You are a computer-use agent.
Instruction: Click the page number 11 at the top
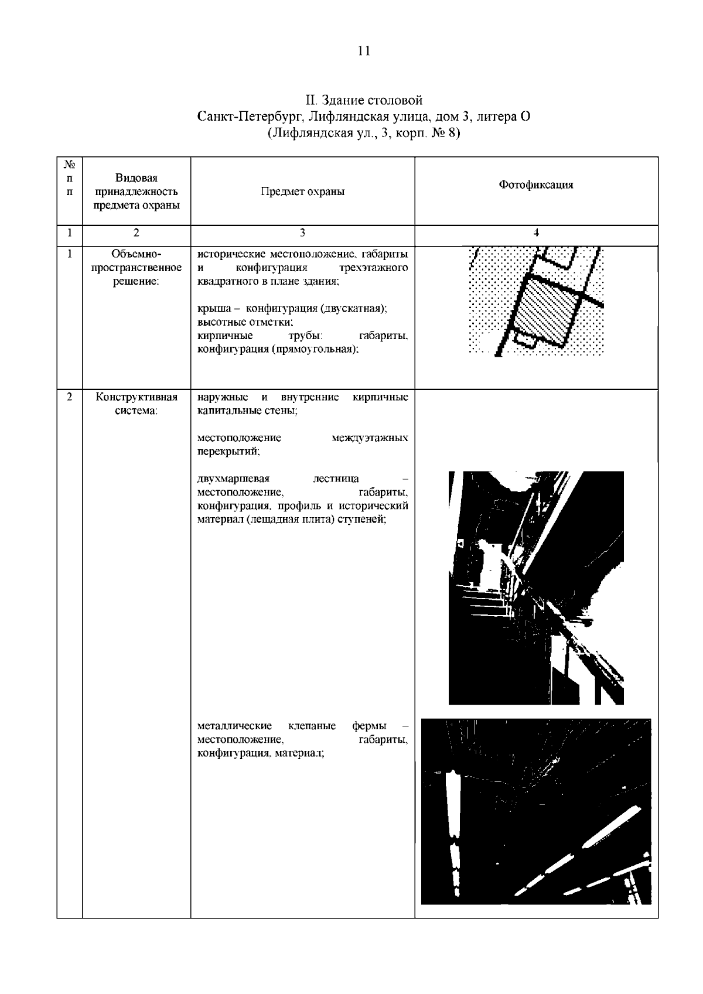coord(363,51)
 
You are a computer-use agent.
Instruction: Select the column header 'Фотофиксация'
coord(535,185)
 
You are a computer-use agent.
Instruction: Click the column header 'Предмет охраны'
coord(302,192)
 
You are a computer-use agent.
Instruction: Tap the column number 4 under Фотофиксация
coord(536,233)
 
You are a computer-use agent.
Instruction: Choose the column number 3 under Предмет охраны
coord(302,233)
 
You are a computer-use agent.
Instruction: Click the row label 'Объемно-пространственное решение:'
coord(136,268)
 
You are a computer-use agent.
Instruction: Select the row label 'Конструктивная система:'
coord(136,404)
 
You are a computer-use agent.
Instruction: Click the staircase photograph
coord(535,587)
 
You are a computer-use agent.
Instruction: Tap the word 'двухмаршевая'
coord(233,479)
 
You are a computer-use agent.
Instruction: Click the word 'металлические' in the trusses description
coord(234,726)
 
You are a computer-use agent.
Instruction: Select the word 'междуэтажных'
coord(370,438)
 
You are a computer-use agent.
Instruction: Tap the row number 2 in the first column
coord(70,397)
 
